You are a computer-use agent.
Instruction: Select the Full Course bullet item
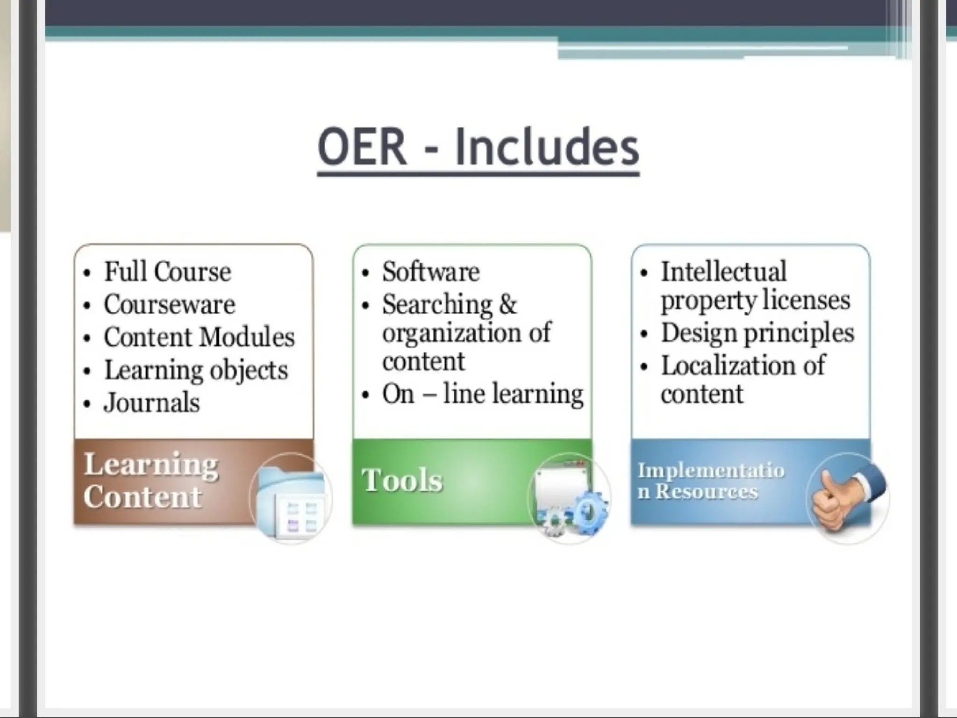167,272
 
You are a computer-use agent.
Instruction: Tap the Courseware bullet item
169,305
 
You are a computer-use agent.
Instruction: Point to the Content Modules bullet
199,337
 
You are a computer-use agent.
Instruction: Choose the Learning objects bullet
196,370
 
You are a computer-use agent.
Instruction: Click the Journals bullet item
152,403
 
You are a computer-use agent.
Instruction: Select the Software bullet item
430,272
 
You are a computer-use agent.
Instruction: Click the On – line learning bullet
482,394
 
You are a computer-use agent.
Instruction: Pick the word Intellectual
723,272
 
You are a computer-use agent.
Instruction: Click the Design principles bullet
757,333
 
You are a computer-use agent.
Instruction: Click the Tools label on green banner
402,481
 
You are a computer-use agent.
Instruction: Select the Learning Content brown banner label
150,480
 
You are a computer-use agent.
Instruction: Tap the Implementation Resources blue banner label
710,481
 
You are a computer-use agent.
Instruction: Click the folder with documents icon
292,500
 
